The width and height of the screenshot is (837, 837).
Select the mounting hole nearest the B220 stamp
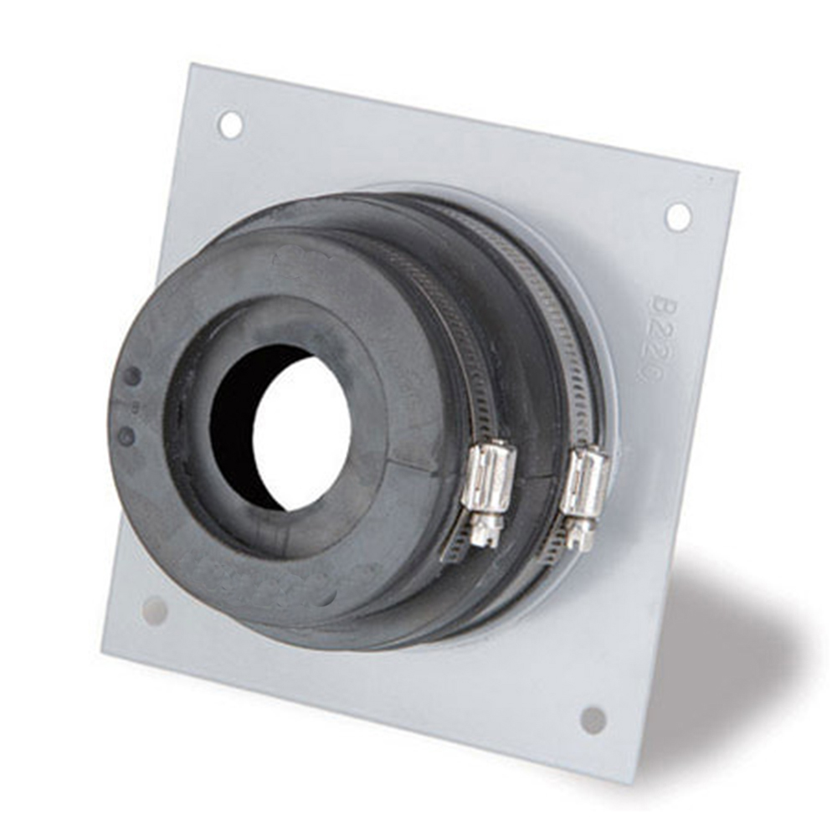click(678, 216)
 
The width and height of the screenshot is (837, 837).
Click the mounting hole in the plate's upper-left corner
click(230, 125)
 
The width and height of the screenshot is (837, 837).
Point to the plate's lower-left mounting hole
click(155, 610)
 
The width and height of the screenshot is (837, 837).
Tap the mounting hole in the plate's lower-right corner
click(593, 719)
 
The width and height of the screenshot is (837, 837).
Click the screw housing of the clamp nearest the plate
click(584, 484)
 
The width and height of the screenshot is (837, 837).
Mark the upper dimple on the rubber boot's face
click(132, 376)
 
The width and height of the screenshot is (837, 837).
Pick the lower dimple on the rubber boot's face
click(126, 436)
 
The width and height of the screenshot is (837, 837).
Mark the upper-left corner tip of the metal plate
click(190, 64)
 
